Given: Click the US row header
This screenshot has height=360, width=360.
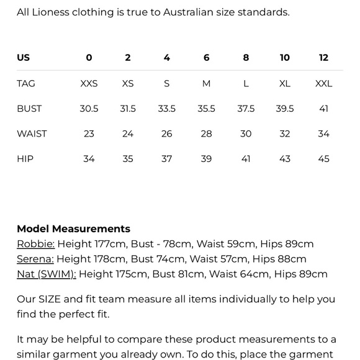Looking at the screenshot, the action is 23,58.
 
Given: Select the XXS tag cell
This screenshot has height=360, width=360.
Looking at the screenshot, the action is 89,84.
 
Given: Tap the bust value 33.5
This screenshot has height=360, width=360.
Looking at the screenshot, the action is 166,109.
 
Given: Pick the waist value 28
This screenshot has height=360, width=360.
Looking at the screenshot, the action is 206,133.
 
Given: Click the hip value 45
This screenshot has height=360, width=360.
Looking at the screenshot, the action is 323,159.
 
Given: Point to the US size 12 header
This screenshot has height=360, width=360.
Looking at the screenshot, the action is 323,58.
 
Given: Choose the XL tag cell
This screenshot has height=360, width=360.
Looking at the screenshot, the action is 284,84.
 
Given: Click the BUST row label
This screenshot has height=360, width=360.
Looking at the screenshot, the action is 29,109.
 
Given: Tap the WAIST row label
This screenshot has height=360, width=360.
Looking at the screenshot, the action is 32,133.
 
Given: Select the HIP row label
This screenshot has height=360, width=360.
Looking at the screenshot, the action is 25,159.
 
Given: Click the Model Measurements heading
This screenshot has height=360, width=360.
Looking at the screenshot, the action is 73,229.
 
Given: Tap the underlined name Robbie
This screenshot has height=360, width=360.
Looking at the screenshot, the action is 35,244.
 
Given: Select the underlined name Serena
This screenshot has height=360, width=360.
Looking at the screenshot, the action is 35,259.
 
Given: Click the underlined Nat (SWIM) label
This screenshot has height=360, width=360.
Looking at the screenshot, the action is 46,274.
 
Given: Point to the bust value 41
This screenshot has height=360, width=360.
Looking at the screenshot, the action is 323,109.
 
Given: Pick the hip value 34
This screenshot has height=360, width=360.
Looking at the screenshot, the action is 89,159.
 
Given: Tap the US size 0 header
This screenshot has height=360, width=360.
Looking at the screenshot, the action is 89,58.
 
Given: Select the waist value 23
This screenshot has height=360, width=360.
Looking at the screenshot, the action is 89,133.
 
